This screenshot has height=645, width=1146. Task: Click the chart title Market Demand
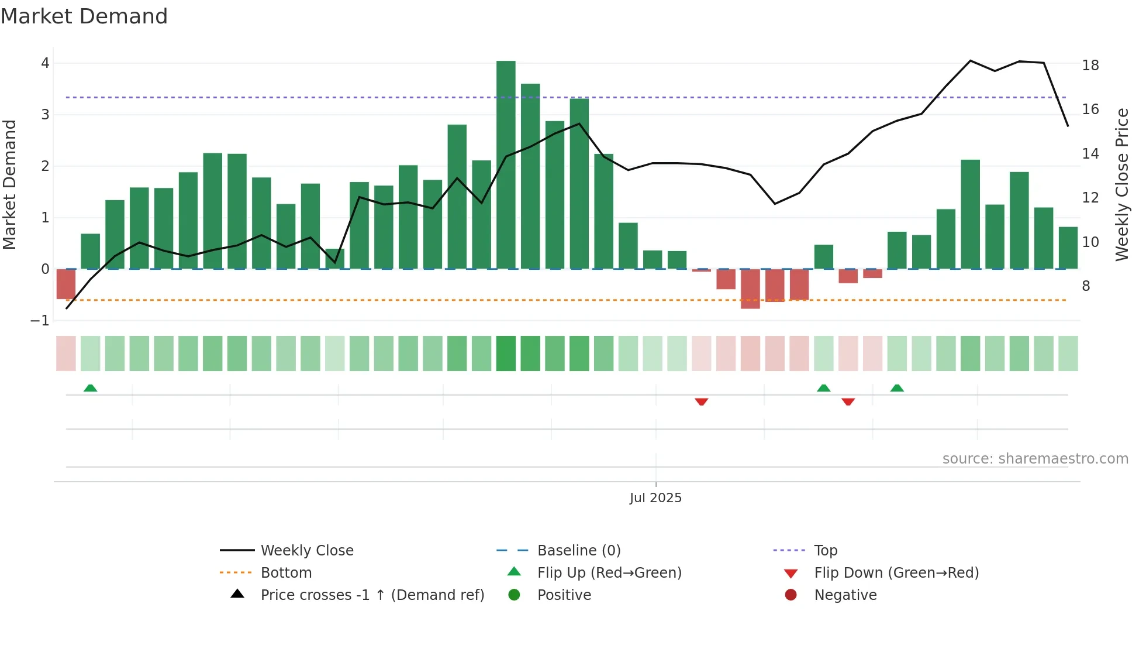coord(84,16)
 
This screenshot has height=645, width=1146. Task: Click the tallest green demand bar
coord(506,164)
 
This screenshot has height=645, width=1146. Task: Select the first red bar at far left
coord(66,284)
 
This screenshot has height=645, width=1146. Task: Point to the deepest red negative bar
coord(750,289)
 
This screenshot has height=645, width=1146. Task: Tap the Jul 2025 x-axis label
coord(655,498)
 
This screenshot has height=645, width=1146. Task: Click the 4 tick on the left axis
coord(45,63)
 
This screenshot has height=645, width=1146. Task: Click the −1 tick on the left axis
coord(40,321)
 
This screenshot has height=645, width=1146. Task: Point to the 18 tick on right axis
coord(1090,66)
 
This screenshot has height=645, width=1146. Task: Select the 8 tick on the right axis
coord(1086,286)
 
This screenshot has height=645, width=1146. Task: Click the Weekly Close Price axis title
coord(1121,184)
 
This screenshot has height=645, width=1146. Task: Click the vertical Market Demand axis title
coord(10,184)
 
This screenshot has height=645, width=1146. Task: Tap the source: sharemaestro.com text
coord(1035,459)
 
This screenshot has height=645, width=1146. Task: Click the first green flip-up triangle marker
coord(91,388)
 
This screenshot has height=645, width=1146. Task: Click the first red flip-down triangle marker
coord(702,402)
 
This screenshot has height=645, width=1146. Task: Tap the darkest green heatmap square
coord(506,354)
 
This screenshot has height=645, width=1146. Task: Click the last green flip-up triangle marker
coord(897,388)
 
